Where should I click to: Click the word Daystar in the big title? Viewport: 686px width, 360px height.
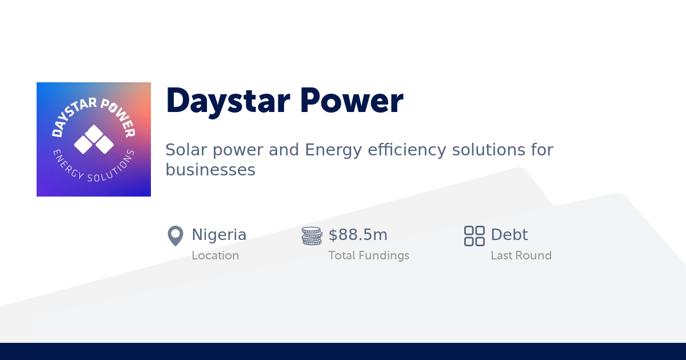(226, 101)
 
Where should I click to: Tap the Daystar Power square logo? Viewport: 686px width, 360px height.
(94, 139)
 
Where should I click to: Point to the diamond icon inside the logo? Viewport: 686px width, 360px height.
(94, 139)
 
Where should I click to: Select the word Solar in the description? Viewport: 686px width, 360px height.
(182, 150)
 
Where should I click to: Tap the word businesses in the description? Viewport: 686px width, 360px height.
(210, 170)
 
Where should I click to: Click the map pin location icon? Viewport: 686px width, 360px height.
(175, 235)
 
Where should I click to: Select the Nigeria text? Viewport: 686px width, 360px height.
(219, 235)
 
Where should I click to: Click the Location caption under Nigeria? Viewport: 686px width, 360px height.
(215, 255)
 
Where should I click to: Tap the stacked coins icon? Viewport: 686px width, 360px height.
(312, 235)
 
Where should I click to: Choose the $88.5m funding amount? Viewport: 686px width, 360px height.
(358, 235)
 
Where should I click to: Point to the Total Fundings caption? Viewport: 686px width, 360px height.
(368, 255)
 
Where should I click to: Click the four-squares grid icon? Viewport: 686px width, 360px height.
(474, 235)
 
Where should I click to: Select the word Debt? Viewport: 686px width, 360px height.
(509, 235)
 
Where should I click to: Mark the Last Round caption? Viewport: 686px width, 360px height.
(521, 255)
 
